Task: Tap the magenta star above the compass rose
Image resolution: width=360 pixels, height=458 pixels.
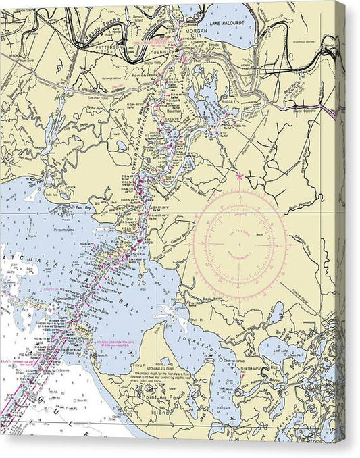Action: [240, 177]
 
